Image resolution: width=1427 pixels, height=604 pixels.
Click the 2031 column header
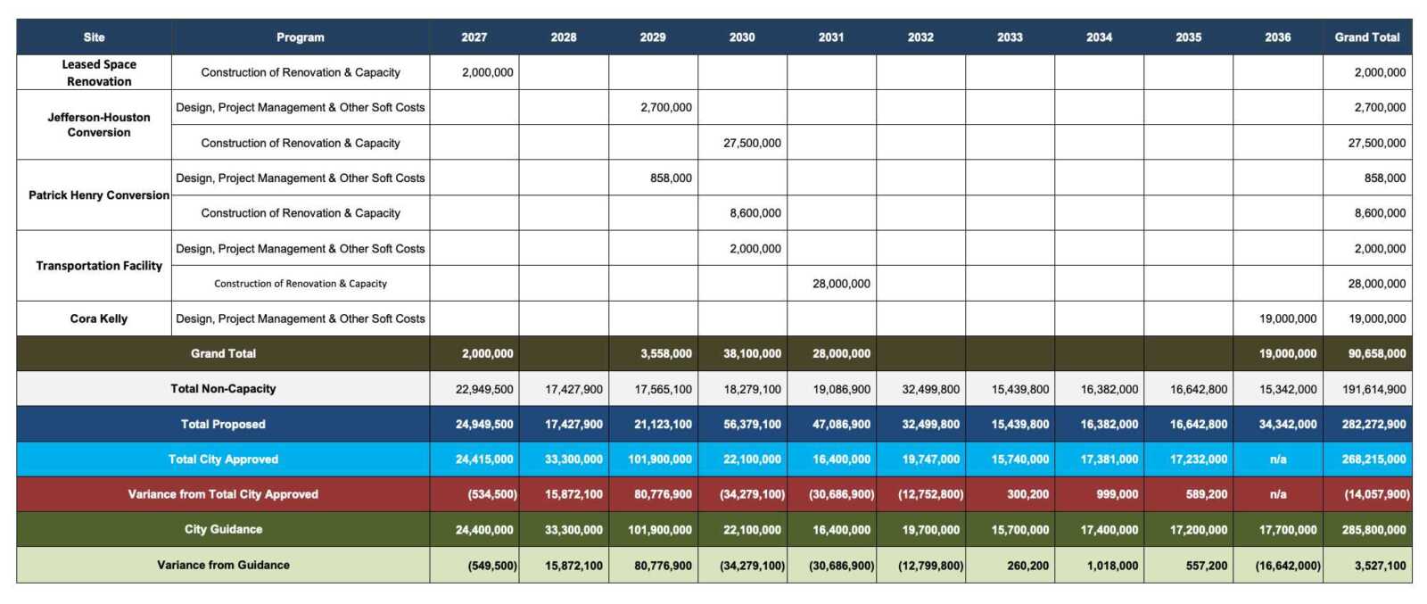tap(830, 37)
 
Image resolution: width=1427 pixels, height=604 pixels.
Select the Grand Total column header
tap(1366, 37)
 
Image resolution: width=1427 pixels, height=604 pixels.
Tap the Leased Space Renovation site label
tap(99, 72)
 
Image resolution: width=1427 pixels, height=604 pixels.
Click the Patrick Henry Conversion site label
tap(99, 195)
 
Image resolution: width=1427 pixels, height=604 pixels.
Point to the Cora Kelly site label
tap(99, 319)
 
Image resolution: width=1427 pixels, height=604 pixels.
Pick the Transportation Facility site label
tap(99, 266)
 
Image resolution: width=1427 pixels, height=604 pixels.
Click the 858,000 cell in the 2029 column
tap(671, 178)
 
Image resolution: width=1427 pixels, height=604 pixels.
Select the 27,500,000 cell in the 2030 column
tap(752, 143)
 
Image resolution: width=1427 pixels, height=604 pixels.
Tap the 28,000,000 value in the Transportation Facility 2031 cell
tap(841, 284)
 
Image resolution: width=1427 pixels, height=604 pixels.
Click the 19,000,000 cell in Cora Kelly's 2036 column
tap(1287, 319)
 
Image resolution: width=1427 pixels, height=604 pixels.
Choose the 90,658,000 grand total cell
tap(1377, 354)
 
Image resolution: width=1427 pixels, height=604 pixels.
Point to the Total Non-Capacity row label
tap(223, 389)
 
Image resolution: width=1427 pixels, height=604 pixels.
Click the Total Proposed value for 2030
tap(752, 425)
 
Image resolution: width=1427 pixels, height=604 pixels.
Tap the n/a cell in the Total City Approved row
tap(1278, 459)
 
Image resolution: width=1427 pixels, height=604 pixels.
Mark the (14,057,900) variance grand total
tap(1377, 494)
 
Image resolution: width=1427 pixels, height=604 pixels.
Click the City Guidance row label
tap(223, 530)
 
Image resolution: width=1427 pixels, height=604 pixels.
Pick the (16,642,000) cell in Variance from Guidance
tap(1288, 566)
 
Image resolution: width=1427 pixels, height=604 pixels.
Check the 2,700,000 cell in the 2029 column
tap(665, 108)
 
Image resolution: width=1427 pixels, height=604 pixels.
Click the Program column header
tap(300, 37)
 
